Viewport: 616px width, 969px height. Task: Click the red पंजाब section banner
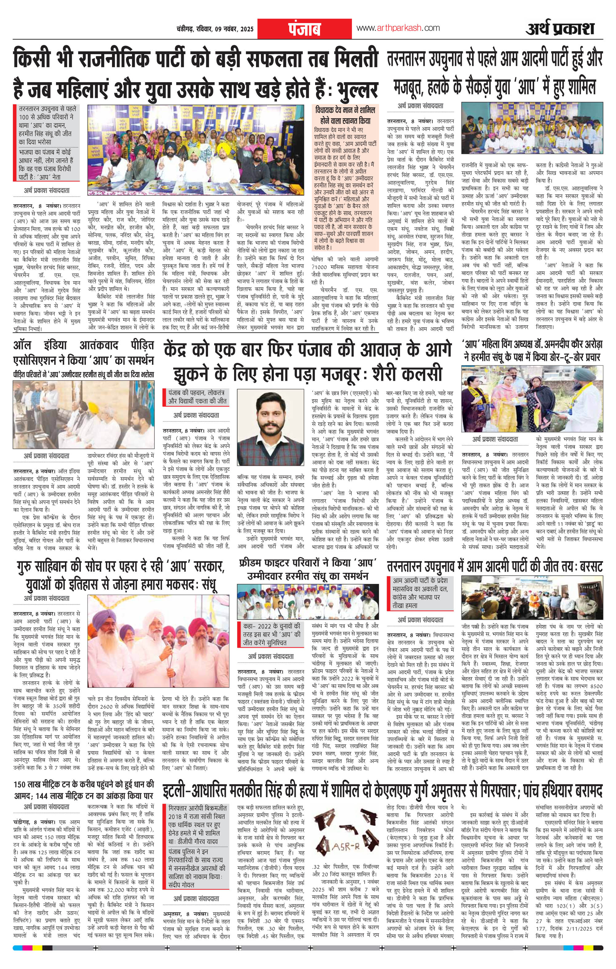304,29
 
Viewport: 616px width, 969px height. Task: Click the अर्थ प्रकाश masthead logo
559,29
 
